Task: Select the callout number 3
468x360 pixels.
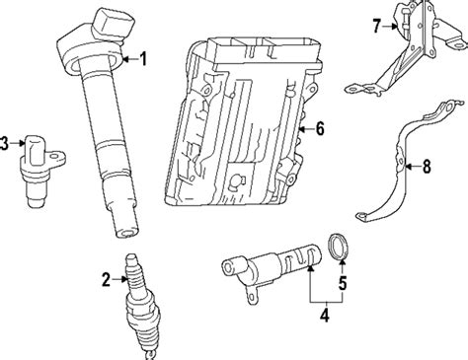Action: [x=6, y=144]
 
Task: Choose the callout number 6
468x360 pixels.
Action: [x=319, y=127]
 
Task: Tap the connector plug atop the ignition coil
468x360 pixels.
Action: [x=111, y=21]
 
